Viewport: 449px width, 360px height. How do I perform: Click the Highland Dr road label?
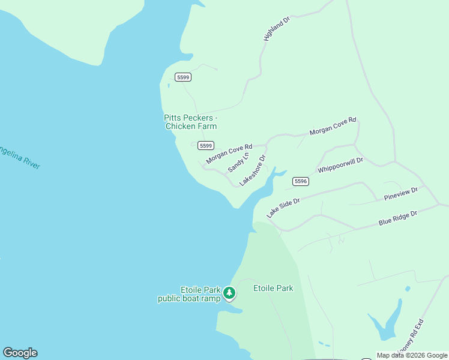click(x=277, y=29)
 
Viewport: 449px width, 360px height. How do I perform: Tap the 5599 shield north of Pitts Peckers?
click(x=183, y=77)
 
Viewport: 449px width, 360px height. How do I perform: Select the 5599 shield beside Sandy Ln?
click(x=206, y=145)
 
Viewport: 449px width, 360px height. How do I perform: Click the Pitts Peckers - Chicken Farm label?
click(x=190, y=122)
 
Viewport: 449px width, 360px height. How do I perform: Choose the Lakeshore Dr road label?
click(x=253, y=171)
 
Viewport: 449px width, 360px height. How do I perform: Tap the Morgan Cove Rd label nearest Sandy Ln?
click(x=229, y=153)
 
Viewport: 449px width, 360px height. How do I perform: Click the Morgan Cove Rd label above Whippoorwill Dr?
click(x=333, y=127)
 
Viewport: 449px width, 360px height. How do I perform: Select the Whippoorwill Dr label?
click(x=340, y=165)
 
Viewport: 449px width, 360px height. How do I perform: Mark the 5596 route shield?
click(x=301, y=181)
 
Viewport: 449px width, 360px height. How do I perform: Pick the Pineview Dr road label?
click(x=400, y=194)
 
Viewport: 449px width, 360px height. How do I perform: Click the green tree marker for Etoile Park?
click(x=229, y=293)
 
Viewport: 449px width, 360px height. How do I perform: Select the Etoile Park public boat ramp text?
click(x=189, y=294)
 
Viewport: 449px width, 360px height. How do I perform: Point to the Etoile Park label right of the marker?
click(x=273, y=288)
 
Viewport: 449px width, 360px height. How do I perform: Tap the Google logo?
click(x=20, y=353)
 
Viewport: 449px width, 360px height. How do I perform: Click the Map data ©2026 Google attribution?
click(x=412, y=355)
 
